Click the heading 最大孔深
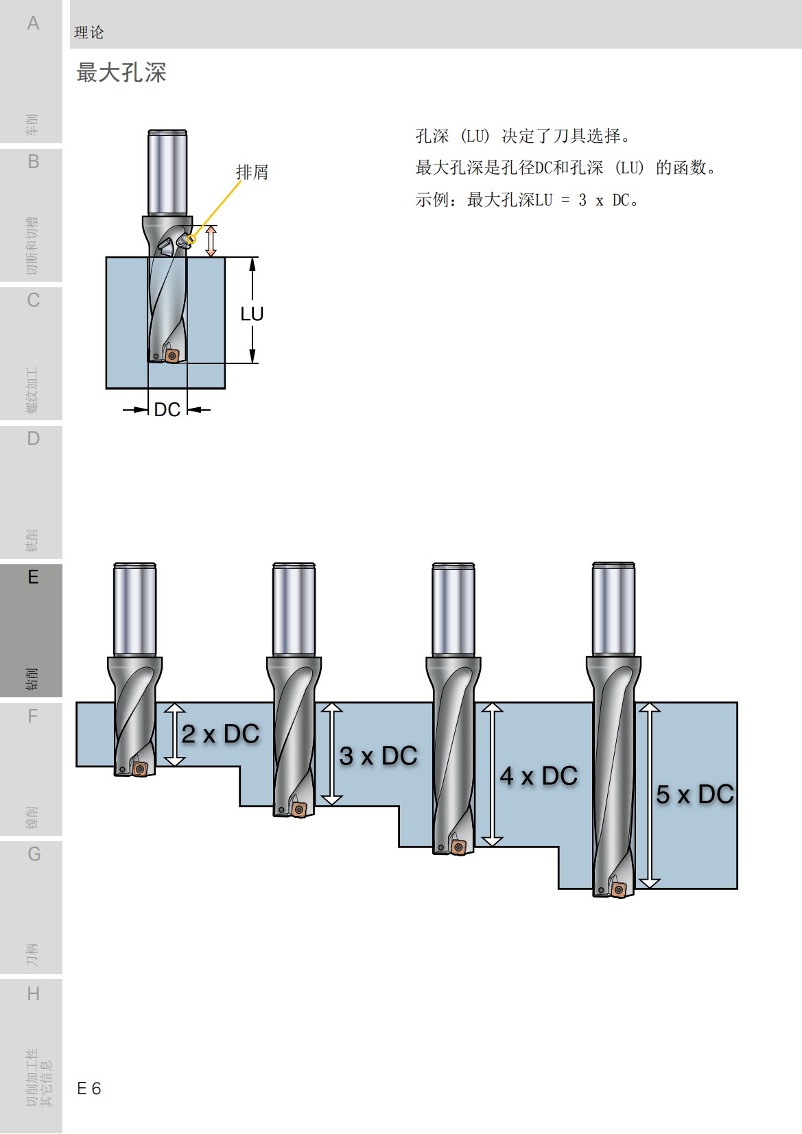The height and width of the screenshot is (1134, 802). coord(121,72)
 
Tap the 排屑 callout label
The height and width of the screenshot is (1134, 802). coord(252,172)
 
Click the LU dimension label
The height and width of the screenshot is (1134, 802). coord(252,313)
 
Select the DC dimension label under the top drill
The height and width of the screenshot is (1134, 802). coord(167,409)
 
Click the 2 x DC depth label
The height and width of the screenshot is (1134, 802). coord(220,734)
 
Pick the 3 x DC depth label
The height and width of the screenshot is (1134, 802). coord(378,756)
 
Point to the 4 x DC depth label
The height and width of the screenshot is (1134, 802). coord(539,776)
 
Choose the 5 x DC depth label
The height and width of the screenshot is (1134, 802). coord(694,795)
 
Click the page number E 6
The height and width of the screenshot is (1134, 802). coord(89,1088)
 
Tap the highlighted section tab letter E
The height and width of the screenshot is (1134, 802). coord(33,577)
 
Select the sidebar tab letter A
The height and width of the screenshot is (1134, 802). coord(33,23)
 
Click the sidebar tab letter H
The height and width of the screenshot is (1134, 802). coord(33,993)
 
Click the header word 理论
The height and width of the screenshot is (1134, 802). coord(89,32)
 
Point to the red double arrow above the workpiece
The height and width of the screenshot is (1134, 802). coord(211,241)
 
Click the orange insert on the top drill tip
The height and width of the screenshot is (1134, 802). coord(172,356)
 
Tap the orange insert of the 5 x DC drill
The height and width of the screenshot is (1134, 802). coord(619,890)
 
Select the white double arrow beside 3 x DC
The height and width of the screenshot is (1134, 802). coord(332,753)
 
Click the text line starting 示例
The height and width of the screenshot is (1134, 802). coord(528,200)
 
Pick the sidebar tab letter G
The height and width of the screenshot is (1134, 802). coord(34,854)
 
